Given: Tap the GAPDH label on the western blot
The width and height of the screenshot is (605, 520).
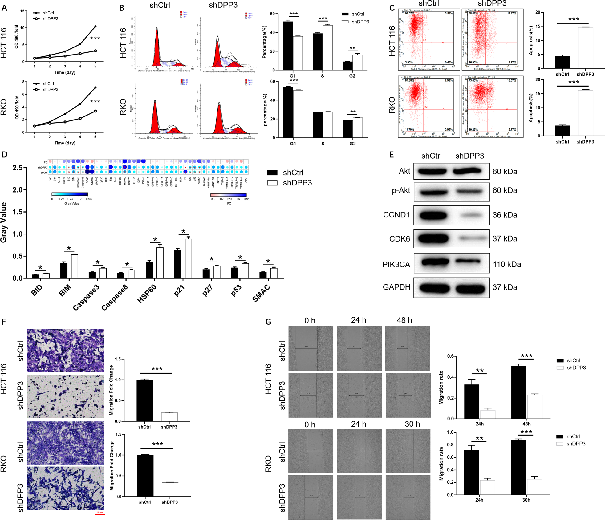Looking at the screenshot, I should pyautogui.click(x=396, y=287).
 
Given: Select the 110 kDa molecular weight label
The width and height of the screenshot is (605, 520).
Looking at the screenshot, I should pyautogui.click(x=507, y=264).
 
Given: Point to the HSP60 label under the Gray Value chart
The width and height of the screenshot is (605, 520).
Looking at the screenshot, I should pyautogui.click(x=147, y=294).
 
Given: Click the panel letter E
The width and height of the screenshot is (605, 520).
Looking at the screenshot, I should pyautogui.click(x=392, y=155).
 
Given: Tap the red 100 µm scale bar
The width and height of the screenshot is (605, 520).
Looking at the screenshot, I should pyautogui.click(x=99, y=514).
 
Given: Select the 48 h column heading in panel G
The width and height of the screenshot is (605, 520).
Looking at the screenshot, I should pyautogui.click(x=404, y=320).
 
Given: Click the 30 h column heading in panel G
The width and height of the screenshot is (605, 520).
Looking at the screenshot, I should pyautogui.click(x=412, y=424).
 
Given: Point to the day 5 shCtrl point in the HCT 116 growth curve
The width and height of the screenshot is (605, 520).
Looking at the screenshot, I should pyautogui.click(x=95, y=26).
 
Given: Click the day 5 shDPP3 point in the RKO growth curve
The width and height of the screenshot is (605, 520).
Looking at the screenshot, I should pyautogui.click(x=95, y=111).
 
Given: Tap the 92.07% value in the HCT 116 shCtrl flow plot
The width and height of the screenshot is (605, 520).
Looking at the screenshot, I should pyautogui.click(x=410, y=14).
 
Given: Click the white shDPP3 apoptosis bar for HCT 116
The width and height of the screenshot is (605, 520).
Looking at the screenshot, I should pyautogui.click(x=585, y=48).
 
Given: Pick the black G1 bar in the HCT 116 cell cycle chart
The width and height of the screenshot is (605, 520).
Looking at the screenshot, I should pyautogui.click(x=288, y=46).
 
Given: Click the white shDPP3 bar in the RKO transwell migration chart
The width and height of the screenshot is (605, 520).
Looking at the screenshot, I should pyautogui.click(x=170, y=489).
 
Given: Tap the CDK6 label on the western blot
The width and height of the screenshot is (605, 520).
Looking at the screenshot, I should pyautogui.click(x=400, y=239).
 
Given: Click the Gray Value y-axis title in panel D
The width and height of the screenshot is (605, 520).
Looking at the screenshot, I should pyautogui.click(x=4, y=222).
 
